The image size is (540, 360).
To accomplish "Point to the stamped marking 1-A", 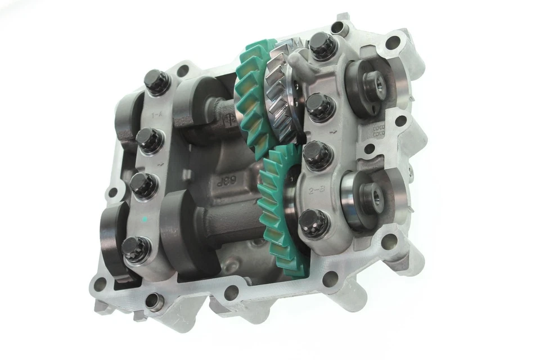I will coord(160,116).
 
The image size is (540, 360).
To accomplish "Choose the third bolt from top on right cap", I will coord(315,151).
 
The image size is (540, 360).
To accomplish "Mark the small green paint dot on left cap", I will coord(145,218).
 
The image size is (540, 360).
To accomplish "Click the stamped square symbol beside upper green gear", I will coord(229,119).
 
